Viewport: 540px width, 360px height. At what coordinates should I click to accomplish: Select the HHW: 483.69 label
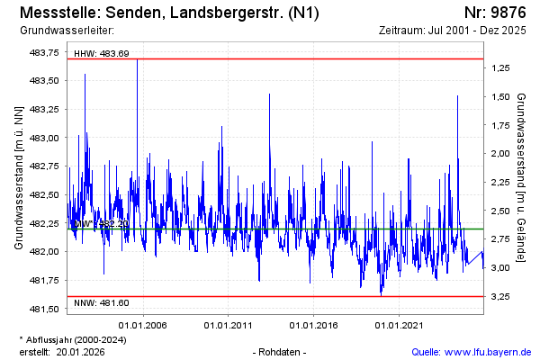coord(102,54)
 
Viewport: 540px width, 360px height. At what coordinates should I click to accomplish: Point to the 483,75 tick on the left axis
coord(45,52)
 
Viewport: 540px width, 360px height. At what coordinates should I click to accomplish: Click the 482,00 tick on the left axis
coord(45,252)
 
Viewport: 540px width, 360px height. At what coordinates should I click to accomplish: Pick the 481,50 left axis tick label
coord(45,309)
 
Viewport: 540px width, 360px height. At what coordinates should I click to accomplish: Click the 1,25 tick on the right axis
coord(499,68)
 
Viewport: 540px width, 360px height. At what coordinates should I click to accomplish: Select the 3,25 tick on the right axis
coord(499,296)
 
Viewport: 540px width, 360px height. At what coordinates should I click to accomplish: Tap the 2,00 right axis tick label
coord(499,154)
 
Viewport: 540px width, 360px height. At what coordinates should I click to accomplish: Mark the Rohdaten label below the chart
coord(281,352)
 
